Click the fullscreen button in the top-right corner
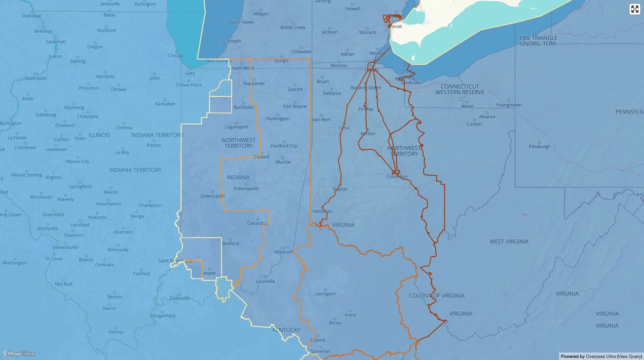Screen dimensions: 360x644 [x=635, y=9]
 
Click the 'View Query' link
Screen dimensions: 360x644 [x=629, y=356]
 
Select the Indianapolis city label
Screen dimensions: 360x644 [x=246, y=189]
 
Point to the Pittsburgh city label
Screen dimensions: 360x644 [x=539, y=147]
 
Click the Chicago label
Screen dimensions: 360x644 [x=176, y=56]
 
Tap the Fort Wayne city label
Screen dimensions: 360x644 [x=295, y=106]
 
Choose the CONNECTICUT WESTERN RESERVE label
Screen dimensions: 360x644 [x=460, y=89]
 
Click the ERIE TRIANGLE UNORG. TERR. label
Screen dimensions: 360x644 [x=538, y=41]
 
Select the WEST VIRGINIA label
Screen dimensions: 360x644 [x=509, y=242]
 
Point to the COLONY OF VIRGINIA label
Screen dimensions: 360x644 [x=436, y=296]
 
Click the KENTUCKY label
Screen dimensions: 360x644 [x=286, y=330]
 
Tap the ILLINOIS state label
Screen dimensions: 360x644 [x=99, y=135]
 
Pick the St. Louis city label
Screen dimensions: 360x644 [x=54, y=259]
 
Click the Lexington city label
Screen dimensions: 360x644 [x=325, y=294]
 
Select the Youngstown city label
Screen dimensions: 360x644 [x=508, y=105]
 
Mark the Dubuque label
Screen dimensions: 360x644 [x=32, y=16]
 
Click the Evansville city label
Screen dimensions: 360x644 [x=179, y=298]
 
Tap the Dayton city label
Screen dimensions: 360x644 [x=340, y=189]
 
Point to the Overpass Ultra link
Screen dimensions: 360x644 [x=600, y=356]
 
